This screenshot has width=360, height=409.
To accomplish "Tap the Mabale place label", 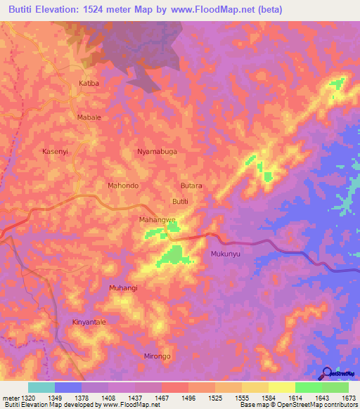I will tap(88, 117).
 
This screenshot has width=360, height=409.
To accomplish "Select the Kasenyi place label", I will tap(56, 151).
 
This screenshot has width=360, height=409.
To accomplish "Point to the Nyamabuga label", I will tap(157, 151).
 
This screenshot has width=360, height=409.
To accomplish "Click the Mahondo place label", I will tap(122, 186).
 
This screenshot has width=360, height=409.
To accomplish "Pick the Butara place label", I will tap(191, 186).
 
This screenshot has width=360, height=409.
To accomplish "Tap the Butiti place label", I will tap(181, 202).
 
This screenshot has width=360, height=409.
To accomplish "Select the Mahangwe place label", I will tap(157, 220).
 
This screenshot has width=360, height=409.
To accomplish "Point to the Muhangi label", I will tap(123, 288).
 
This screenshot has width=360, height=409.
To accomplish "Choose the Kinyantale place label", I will tap(89, 322).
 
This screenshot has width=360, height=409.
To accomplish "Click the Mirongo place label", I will tap(157, 356).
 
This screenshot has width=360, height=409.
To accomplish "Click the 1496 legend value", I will tap(188, 397).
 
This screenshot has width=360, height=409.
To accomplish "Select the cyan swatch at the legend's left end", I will tap(41, 387).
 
